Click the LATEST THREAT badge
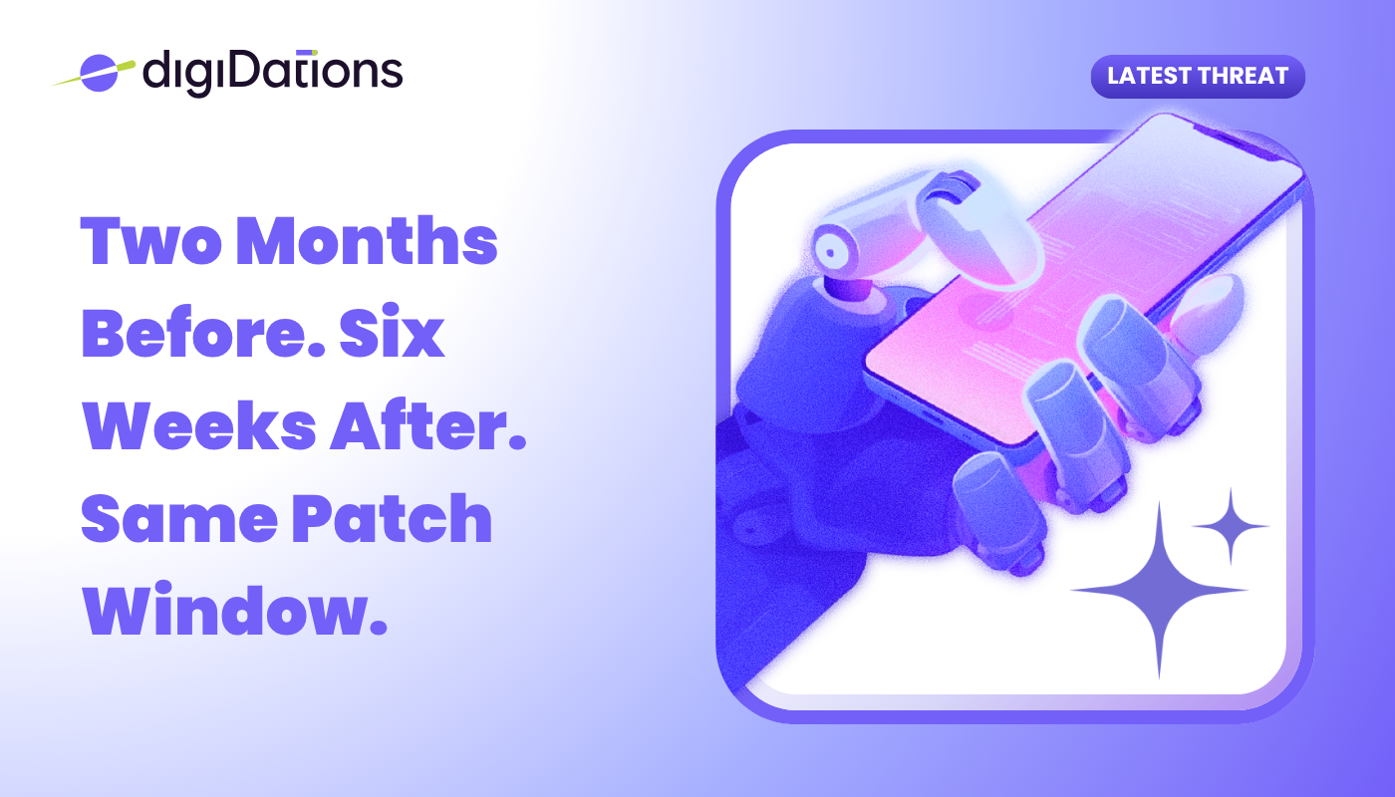click(x=1198, y=76)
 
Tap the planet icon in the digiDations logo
click(x=99, y=74)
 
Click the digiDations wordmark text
click(x=273, y=73)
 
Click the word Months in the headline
click(x=368, y=240)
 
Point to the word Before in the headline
click(x=203, y=333)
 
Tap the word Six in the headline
click(x=392, y=331)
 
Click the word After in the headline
click(x=428, y=424)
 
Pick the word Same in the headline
click(x=179, y=519)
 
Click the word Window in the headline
click(x=234, y=610)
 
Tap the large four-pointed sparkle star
click(x=1160, y=590)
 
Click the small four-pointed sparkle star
click(x=1231, y=526)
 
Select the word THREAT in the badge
click(x=1243, y=76)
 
